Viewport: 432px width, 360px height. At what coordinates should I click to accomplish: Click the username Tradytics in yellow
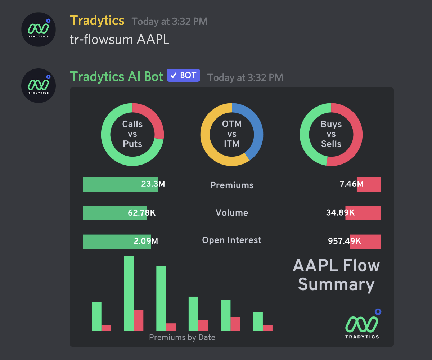point(97,21)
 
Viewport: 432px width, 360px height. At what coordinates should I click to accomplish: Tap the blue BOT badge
point(183,76)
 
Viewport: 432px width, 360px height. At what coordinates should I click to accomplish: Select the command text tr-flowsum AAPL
point(119,39)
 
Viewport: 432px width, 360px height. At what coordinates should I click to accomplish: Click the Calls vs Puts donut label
point(132,134)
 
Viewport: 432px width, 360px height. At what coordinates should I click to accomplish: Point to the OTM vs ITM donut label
point(232,134)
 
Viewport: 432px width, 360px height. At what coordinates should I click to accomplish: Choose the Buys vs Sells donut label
point(331,134)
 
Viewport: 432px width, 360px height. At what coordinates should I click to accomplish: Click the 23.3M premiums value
point(153,184)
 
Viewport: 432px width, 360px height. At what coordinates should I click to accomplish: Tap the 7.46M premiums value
point(351,184)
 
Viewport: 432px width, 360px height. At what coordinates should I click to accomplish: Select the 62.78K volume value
point(141,213)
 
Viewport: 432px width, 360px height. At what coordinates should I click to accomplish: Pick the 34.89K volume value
point(340,213)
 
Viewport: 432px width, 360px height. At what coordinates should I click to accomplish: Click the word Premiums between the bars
point(232,185)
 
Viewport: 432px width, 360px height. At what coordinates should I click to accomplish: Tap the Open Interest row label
point(232,240)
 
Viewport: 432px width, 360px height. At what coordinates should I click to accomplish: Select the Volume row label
point(232,213)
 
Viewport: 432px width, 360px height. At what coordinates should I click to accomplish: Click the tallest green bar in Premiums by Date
point(129,293)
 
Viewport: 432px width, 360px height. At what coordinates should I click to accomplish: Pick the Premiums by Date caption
point(182,337)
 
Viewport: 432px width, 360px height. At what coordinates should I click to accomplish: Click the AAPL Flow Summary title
point(336,275)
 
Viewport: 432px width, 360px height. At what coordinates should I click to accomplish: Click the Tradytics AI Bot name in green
point(116,76)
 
